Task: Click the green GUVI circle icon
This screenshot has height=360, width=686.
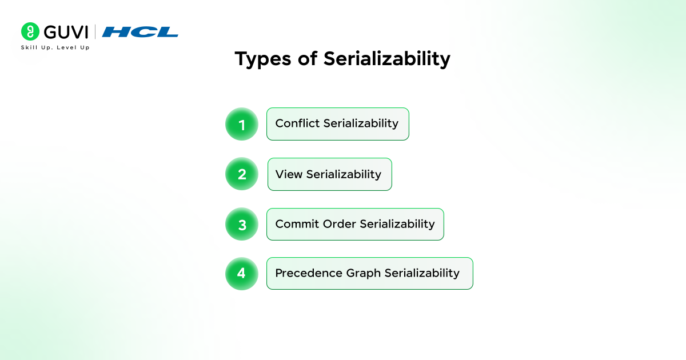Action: coord(30,31)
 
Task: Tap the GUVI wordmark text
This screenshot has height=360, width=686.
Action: coord(66,32)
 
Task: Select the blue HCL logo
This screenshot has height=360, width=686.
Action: coord(140,32)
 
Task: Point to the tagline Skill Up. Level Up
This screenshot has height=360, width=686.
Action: coord(55,47)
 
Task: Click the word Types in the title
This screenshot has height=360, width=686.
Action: coord(263,59)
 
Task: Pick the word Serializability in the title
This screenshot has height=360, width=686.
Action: coord(387,59)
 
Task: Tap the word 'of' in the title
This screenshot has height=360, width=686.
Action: coord(308,58)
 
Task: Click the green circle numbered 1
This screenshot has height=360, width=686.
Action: coord(242,124)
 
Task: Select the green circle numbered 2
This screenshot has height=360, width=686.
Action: coord(242,174)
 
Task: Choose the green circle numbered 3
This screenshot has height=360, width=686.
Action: coord(242,224)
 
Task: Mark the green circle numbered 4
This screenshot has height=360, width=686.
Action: coord(242,273)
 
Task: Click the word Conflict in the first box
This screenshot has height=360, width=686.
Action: coord(298,123)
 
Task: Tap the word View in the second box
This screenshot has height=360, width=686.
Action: coord(289,174)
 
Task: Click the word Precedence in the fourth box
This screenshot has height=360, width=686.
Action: coord(309,273)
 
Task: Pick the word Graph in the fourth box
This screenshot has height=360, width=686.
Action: coord(364,274)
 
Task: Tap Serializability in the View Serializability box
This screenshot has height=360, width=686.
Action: coord(344,175)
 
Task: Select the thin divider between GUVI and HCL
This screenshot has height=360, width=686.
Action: coord(95,32)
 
